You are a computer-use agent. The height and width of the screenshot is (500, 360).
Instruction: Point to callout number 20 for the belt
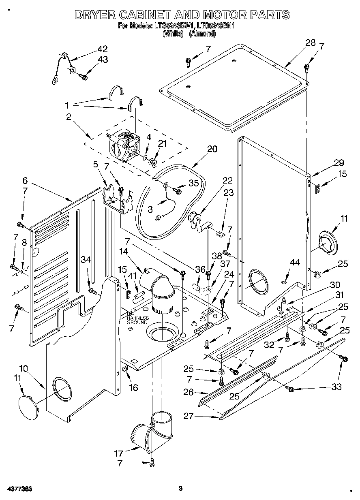(212, 149)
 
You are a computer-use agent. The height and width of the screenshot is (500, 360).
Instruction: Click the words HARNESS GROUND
(138, 320)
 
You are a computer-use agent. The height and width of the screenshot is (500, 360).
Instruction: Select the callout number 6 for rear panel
(25, 181)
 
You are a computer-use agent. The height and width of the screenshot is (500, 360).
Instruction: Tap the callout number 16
(133, 388)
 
